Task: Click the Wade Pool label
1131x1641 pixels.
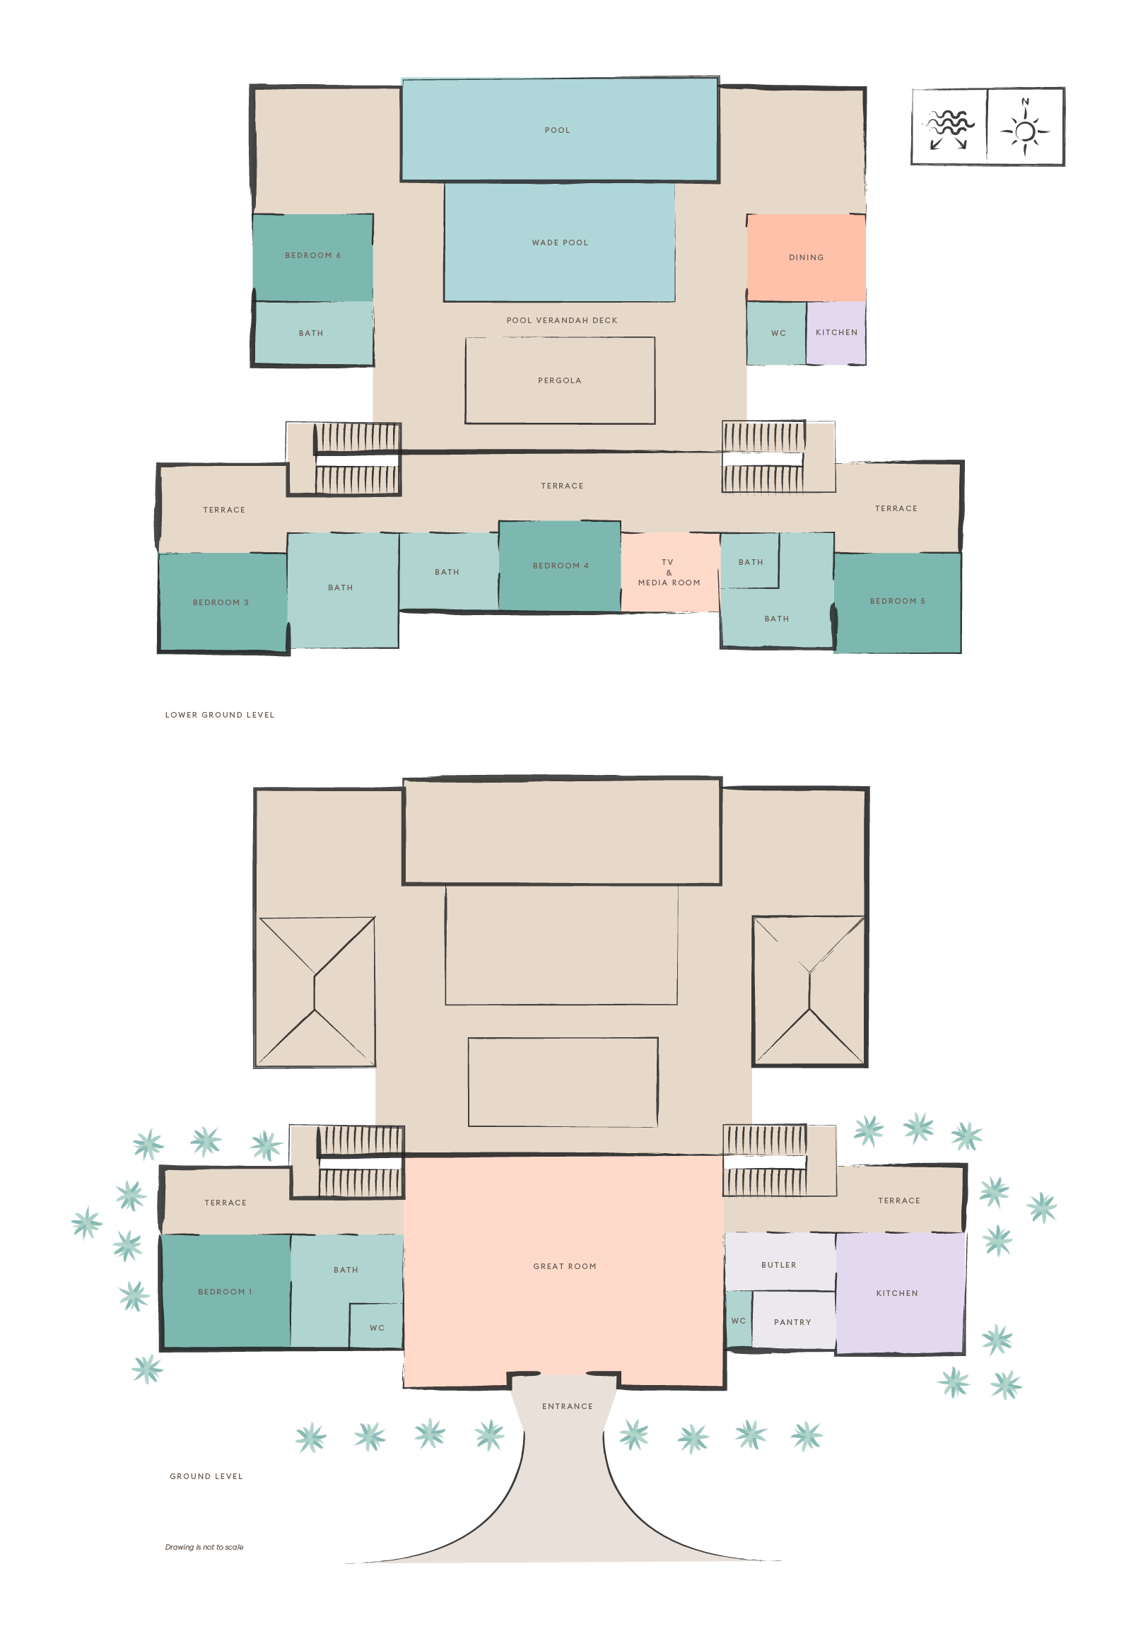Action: [560, 243]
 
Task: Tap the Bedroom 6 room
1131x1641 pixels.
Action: [312, 257]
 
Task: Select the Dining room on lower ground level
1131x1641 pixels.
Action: [806, 257]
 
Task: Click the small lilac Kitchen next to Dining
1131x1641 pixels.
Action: [836, 332]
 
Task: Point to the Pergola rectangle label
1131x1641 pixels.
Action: [559, 380]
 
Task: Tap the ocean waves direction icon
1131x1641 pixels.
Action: [949, 128]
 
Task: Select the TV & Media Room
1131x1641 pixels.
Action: [669, 572]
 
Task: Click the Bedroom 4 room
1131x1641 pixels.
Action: [560, 566]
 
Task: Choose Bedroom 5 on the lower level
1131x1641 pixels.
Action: [897, 601]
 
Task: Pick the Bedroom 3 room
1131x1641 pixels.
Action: [221, 602]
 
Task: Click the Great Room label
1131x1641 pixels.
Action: [565, 1266]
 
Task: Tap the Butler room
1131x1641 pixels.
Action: [778, 1265]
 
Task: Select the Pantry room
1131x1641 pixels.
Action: [792, 1322]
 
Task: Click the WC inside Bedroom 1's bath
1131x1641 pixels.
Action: [376, 1328]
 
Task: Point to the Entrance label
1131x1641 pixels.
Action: [567, 1406]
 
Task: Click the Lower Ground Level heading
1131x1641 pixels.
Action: [219, 715]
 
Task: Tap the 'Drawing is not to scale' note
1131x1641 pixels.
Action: [204, 1547]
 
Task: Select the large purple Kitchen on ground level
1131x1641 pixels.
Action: [897, 1293]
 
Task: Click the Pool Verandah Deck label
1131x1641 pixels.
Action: [561, 320]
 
